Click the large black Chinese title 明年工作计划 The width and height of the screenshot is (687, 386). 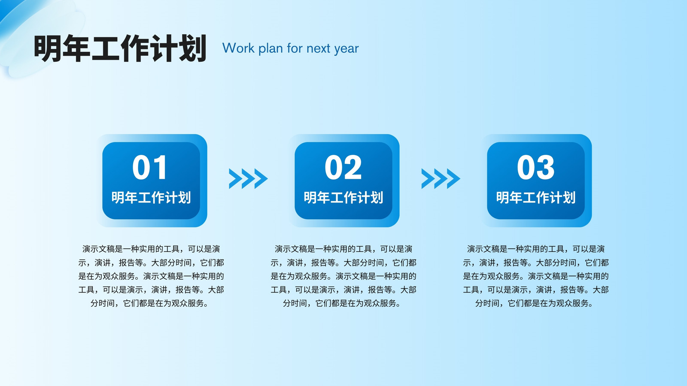coord(120,48)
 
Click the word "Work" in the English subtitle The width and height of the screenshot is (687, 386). coord(238,48)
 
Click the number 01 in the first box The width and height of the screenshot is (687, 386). coord(150,167)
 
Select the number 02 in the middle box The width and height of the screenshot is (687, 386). coord(343,167)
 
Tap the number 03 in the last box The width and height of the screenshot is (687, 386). coord(536,167)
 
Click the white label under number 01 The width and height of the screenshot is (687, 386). coord(151,198)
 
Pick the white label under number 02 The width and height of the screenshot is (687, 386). coord(343,198)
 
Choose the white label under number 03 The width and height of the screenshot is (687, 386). coord(536,198)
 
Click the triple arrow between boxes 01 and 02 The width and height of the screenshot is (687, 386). coord(248,178)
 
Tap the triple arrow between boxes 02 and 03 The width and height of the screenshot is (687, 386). coord(441,178)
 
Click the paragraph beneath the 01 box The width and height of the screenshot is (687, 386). coord(151,276)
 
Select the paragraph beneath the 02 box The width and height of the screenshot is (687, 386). coord(343,276)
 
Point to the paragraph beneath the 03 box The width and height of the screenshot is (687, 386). coord(536,276)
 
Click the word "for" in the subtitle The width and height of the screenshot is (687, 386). coord(295,48)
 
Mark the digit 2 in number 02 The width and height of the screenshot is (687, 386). coord(353,167)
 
